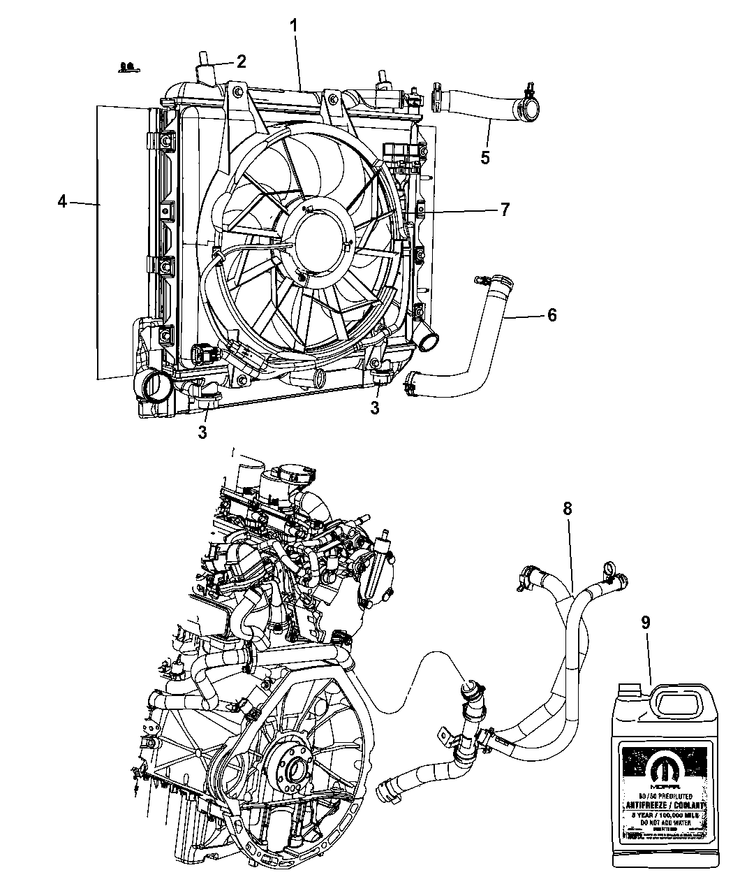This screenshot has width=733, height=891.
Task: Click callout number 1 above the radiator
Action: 295,26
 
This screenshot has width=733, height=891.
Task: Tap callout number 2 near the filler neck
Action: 241,61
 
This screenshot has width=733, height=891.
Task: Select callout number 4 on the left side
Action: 62,203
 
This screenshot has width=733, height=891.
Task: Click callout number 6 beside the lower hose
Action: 551,315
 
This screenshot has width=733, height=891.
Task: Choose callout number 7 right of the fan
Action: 504,208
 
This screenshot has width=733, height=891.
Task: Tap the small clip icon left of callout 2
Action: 127,68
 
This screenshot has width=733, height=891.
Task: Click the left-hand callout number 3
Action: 202,433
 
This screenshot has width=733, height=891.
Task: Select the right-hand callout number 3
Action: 375,408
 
